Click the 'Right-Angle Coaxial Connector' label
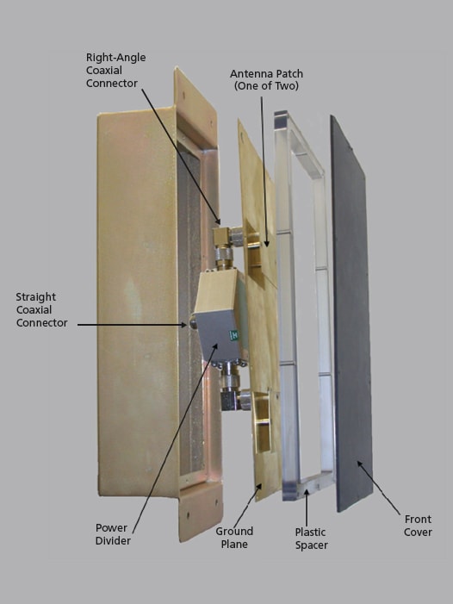pyautogui.click(x=115, y=70)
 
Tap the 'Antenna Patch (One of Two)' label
pyautogui.click(x=266, y=79)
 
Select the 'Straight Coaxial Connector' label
pyautogui.click(x=41, y=309)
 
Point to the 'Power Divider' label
pyautogui.click(x=113, y=534)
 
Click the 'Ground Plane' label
pyautogui.click(x=234, y=538)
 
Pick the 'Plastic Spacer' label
pyautogui.click(x=311, y=539)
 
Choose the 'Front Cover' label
pyautogui.click(x=418, y=526)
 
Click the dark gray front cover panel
pyautogui.click(x=351, y=314)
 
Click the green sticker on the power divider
pyautogui.click(x=234, y=335)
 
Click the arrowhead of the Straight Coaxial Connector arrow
pyautogui.click(x=185, y=325)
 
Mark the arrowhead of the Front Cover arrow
pyautogui.click(x=359, y=464)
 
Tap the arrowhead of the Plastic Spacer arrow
pyautogui.click(x=307, y=491)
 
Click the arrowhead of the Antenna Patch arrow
pyautogui.click(x=266, y=244)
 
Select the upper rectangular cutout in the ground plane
pyautogui.click(x=254, y=249)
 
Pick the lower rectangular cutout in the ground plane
pyautogui.click(x=263, y=422)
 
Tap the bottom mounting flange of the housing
pyautogui.click(x=200, y=510)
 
